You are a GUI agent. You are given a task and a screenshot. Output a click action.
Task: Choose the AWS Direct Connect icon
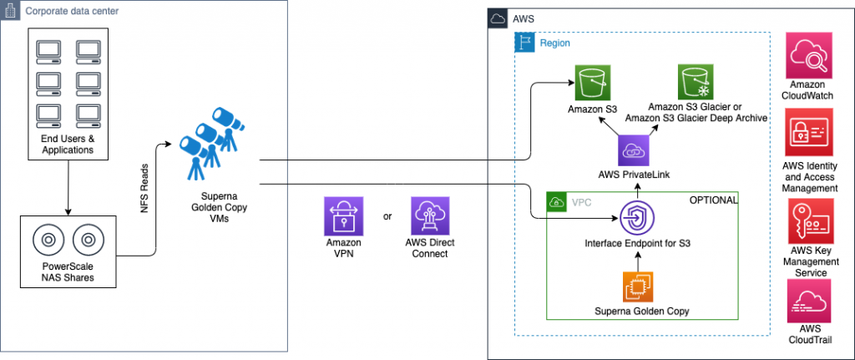[x=430, y=216]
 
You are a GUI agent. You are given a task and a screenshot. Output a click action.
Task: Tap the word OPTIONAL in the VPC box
[x=713, y=200]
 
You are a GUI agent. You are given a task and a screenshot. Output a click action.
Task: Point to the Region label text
[x=555, y=43]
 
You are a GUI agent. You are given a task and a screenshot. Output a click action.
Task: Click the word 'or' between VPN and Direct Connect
[x=387, y=217]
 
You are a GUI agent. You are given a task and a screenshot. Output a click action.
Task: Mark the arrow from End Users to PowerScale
[x=66, y=188]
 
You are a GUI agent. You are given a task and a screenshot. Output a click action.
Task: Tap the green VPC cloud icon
[x=556, y=201]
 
